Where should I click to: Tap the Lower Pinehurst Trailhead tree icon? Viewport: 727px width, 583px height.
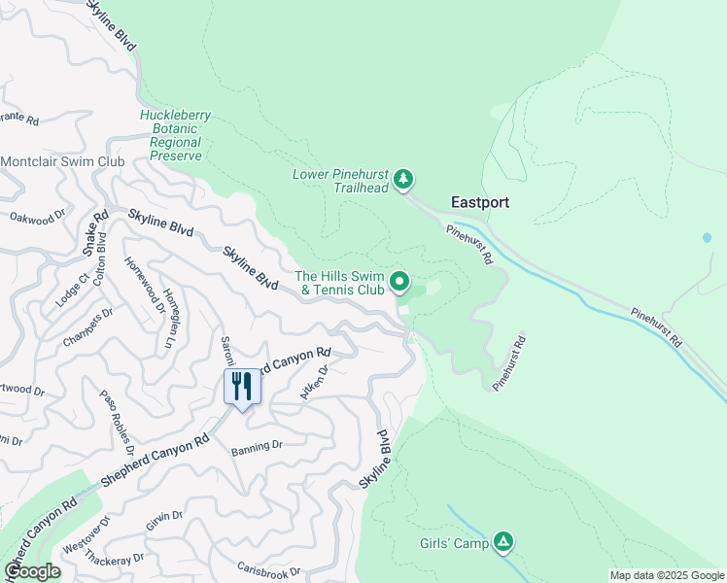click(403, 180)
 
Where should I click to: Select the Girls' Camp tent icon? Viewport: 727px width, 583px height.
click(502, 541)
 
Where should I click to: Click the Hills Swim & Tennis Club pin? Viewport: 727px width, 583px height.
click(399, 283)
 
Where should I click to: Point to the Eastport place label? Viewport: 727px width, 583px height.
click(480, 203)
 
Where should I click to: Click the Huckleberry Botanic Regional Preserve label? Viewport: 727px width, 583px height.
click(175, 135)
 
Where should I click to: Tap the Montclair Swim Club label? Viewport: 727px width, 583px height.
click(63, 161)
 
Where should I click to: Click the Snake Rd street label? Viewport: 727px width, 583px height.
click(94, 233)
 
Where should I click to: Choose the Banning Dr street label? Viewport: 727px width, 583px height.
click(257, 448)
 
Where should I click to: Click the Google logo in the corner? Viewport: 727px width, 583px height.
click(32, 571)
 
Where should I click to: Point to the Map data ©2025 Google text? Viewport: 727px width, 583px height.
click(666, 575)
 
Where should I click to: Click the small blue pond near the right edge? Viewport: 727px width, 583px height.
click(706, 237)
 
